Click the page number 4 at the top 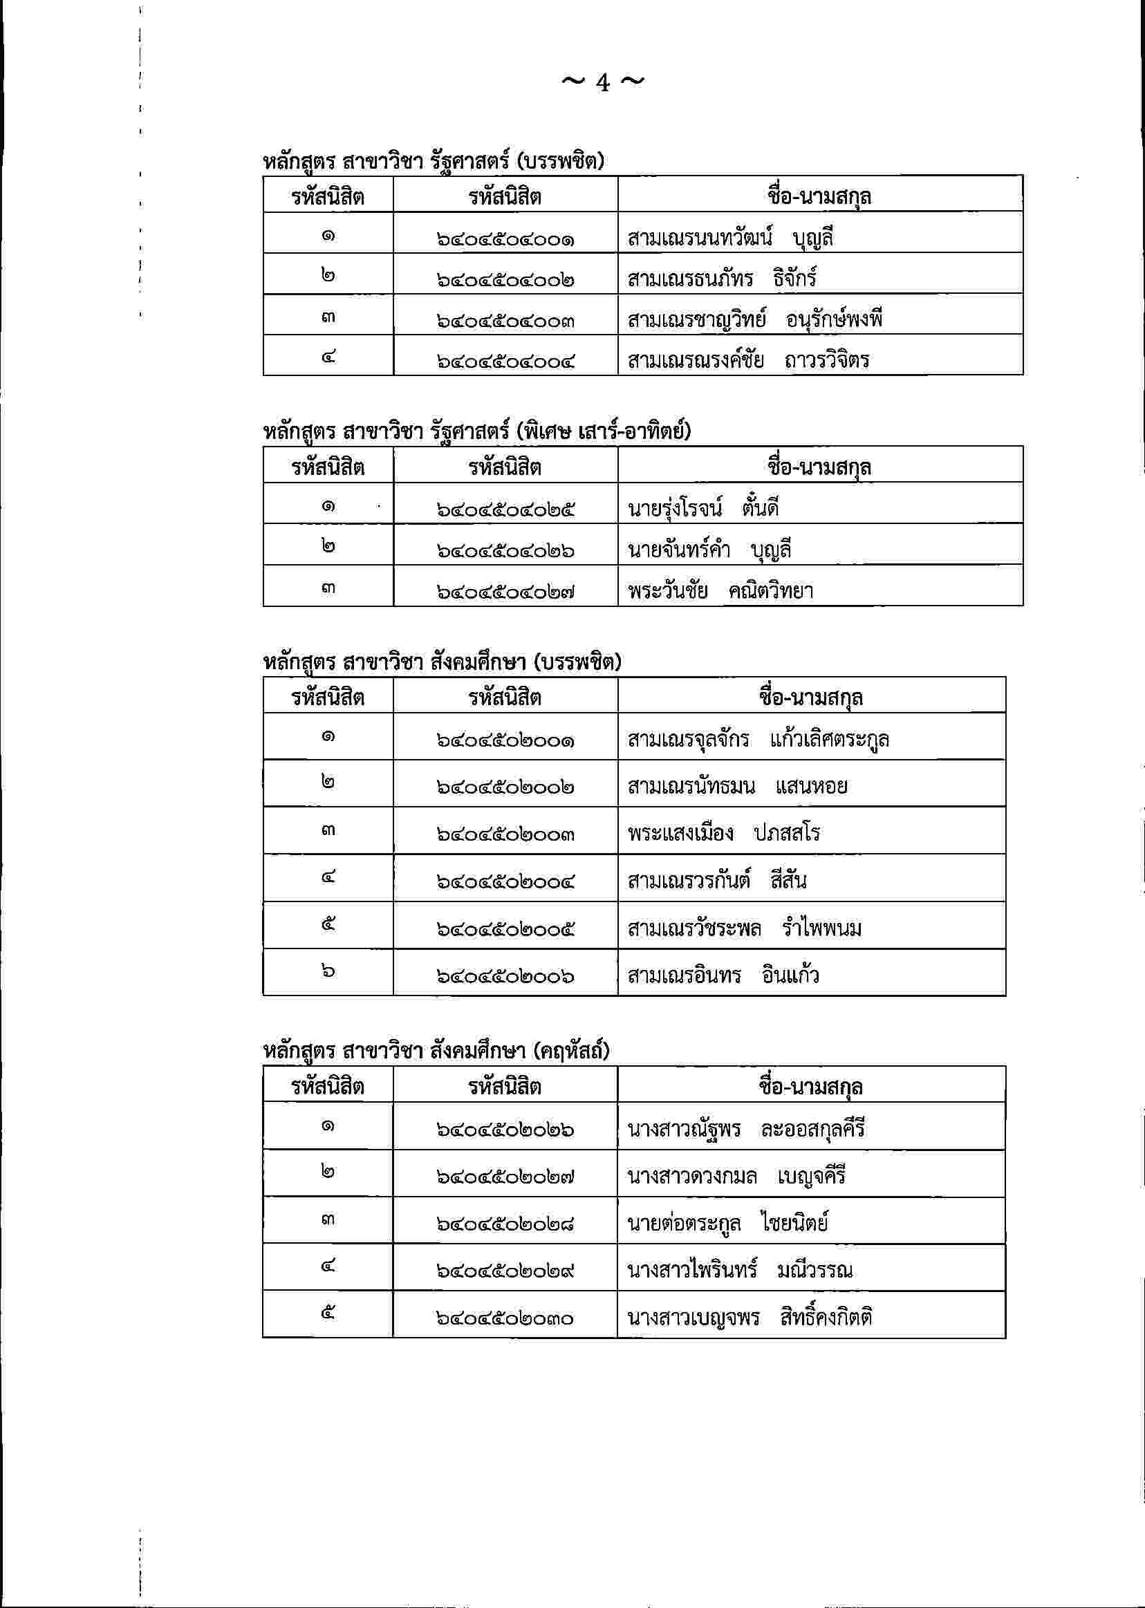[603, 82]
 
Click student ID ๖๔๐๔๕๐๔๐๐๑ [505, 240]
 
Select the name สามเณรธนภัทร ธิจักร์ [721, 279]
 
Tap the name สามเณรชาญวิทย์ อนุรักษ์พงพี [754, 320]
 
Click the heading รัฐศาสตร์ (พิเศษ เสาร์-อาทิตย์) [476, 430]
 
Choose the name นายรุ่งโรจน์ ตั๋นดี [702, 508]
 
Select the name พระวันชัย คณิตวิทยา [720, 591]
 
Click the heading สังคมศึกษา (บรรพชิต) [441, 662]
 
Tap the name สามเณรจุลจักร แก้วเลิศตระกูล [758, 740]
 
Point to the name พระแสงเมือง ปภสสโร [723, 833]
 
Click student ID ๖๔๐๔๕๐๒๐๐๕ [505, 929]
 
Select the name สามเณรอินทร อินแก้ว [723, 975]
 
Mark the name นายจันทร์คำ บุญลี [709, 549]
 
